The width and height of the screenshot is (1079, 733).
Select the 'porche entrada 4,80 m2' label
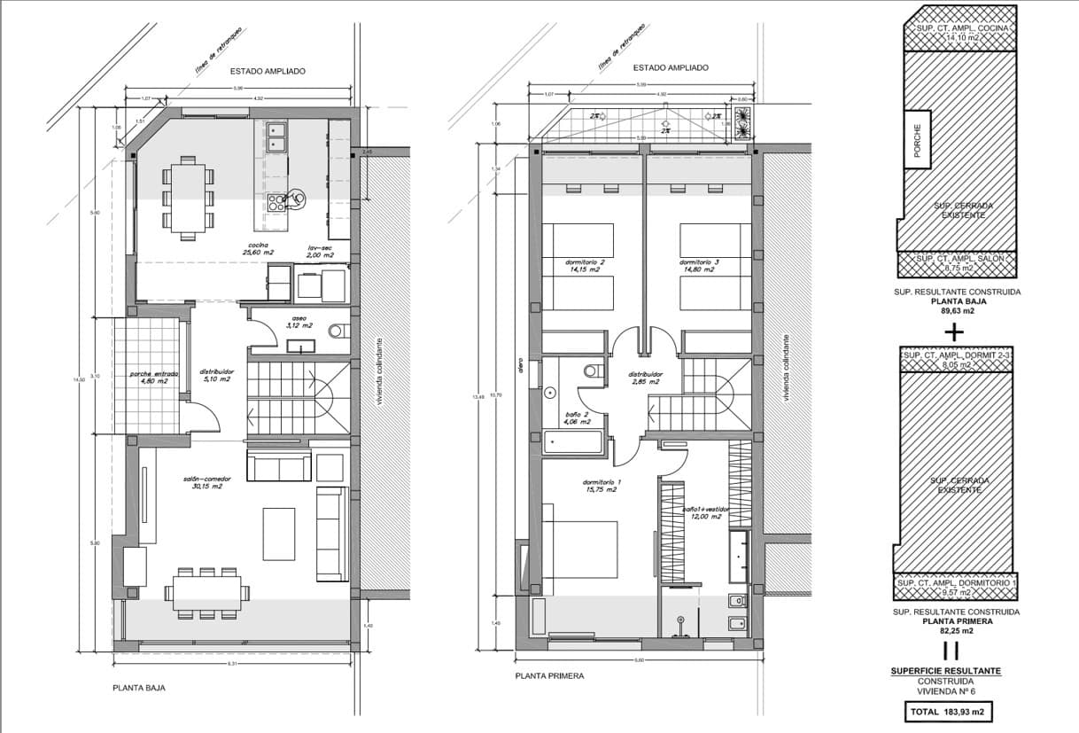[x=153, y=378]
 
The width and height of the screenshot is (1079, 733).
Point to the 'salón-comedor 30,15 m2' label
[x=202, y=482]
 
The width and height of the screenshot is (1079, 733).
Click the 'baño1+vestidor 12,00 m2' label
[x=705, y=513]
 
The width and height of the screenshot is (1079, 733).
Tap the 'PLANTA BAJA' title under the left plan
[x=138, y=687]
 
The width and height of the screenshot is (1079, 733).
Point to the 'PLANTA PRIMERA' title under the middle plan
[x=549, y=675]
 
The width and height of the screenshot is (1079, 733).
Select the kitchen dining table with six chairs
[x=187, y=197]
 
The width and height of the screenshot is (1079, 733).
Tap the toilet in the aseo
[x=338, y=331]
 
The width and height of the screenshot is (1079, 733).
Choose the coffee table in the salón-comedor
[x=278, y=534]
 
